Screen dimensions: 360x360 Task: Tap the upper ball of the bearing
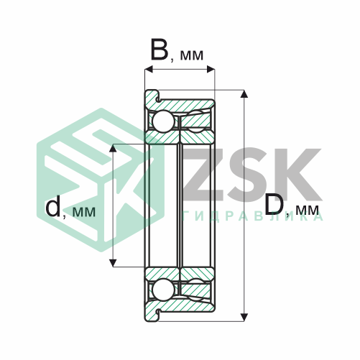click(164, 121)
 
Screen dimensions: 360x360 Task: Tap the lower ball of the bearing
click(164, 289)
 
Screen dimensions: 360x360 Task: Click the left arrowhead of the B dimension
click(149, 70)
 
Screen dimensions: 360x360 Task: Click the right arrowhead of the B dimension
click(211, 70)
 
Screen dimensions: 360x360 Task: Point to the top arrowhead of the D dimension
click(244, 94)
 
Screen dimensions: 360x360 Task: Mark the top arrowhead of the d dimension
click(113, 148)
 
